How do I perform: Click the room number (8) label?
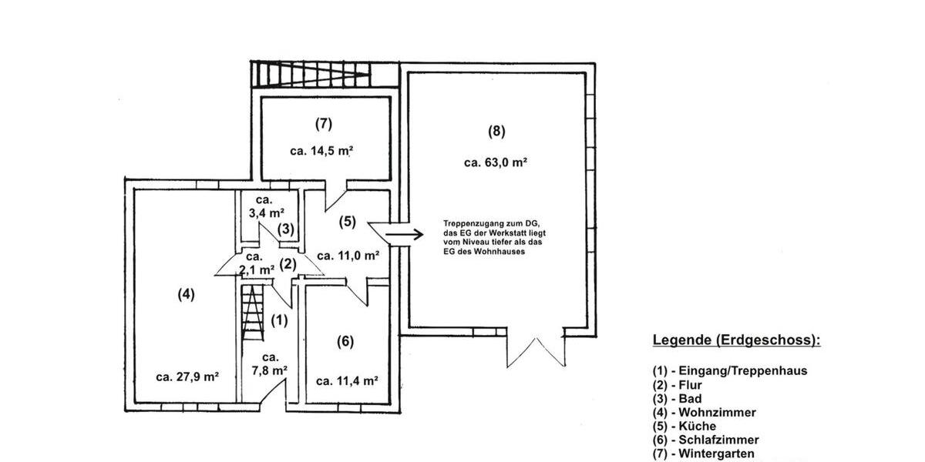tap(496, 131)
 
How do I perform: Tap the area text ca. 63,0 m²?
tap(495, 162)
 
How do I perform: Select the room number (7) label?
tap(323, 123)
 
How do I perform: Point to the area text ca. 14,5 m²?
tap(321, 151)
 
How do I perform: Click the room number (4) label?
tap(186, 293)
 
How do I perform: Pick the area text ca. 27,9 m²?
tap(187, 377)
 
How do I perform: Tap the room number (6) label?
tap(345, 341)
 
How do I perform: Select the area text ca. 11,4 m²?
tap(347, 380)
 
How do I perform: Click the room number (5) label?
tap(348, 222)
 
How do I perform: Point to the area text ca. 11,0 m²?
tap(348, 256)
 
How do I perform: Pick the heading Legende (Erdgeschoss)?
tap(736, 340)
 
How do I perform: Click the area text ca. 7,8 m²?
tap(270, 363)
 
